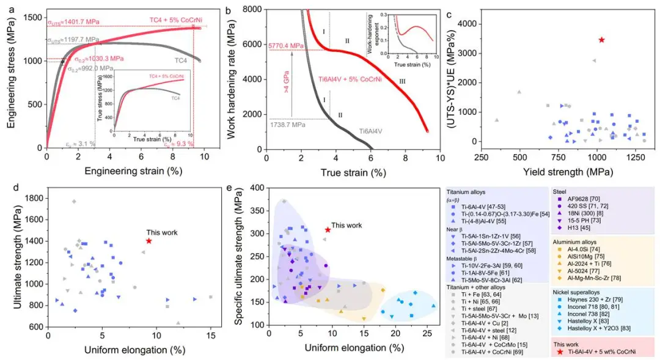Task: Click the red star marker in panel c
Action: click(601, 40)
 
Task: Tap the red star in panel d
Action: click(149, 241)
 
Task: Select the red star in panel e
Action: click(328, 230)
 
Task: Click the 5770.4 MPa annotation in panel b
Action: click(286, 45)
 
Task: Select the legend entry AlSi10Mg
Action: click(581, 257)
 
